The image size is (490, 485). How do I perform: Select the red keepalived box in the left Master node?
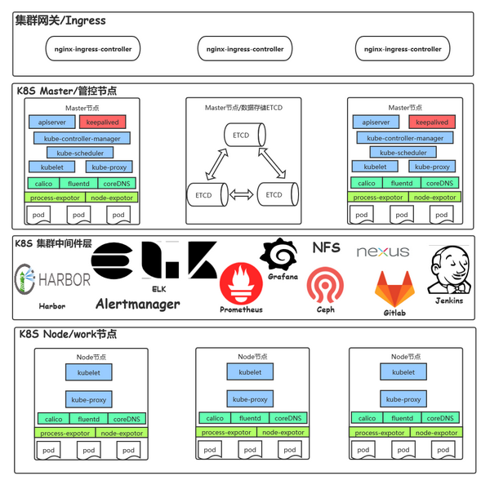click(101, 122)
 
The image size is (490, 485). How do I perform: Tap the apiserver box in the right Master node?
click(376, 122)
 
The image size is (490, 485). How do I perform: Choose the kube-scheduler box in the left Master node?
click(79, 153)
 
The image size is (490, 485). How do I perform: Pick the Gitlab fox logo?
click(394, 289)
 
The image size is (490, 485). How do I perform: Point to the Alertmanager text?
click(137, 305)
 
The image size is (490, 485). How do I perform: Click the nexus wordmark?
click(382, 252)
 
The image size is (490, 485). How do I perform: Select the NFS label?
click(326, 248)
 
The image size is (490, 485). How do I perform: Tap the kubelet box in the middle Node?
click(250, 372)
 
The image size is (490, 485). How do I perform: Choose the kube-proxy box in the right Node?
click(403, 399)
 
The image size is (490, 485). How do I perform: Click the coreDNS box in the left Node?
click(127, 419)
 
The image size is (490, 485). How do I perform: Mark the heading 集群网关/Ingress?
click(60, 20)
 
